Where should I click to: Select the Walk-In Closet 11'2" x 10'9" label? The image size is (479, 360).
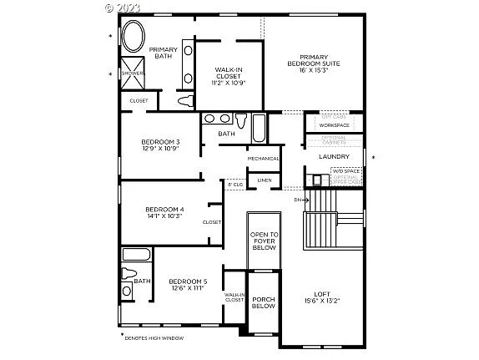[229, 76]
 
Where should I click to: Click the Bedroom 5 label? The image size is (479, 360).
[187, 285]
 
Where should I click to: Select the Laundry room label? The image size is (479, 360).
[334, 156]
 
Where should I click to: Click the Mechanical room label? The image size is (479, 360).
[264, 159]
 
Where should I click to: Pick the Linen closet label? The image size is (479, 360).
[265, 180]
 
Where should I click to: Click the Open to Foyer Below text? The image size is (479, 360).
[265, 241]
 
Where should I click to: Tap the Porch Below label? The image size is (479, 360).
[264, 302]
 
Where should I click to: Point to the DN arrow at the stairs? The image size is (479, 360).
[302, 200]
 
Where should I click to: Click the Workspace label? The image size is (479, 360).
[334, 125]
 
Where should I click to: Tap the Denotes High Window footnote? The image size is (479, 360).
[154, 338]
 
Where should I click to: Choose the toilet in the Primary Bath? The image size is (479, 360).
[186, 102]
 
